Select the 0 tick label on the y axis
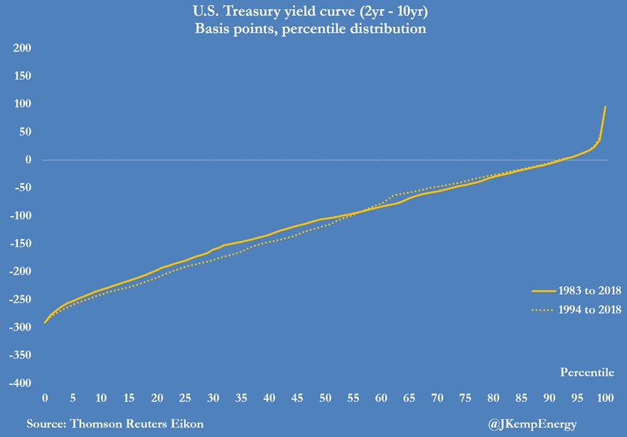click(x=28, y=160)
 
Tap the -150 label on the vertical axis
click(x=21, y=243)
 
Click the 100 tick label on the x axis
click(x=604, y=398)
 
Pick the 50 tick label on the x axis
click(x=325, y=398)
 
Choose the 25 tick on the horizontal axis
click(x=185, y=398)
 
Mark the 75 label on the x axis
click(x=465, y=398)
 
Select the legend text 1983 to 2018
click(x=590, y=290)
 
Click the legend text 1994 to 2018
click(x=590, y=310)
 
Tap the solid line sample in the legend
click(x=543, y=290)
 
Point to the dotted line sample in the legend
click(x=543, y=310)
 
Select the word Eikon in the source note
click(x=184, y=423)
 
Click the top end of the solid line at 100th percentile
click(x=605, y=107)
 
